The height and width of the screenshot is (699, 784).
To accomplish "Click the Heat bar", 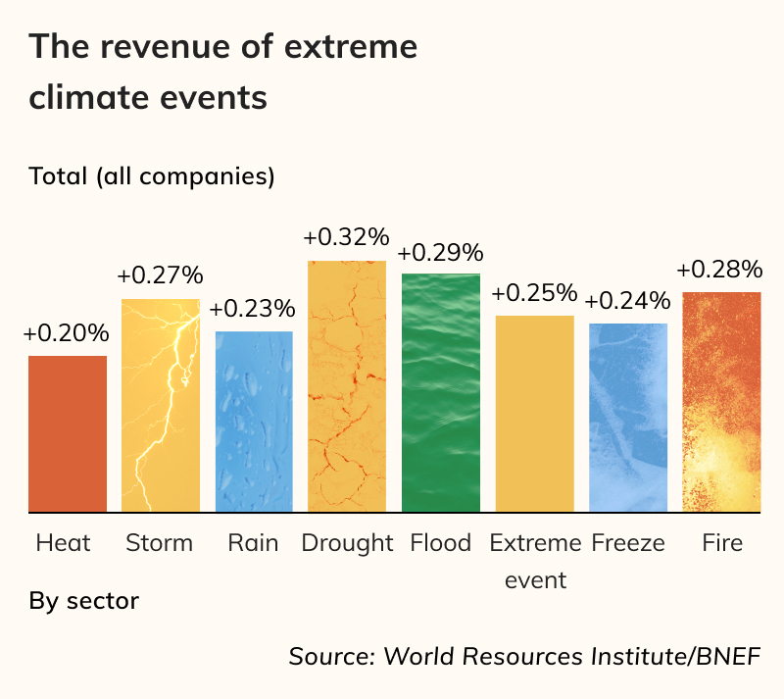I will [x=68, y=433].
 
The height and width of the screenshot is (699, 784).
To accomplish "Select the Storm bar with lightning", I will [x=161, y=405].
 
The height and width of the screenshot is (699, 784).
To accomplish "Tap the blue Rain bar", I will [x=254, y=422].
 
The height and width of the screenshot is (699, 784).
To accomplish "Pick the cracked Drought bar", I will [x=347, y=386].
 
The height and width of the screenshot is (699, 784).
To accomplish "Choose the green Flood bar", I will [x=441, y=392].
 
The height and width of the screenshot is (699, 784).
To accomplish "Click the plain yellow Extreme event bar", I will [x=534, y=413].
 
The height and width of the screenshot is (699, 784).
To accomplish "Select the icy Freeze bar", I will [x=628, y=418].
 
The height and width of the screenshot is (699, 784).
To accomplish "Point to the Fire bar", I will [x=721, y=402].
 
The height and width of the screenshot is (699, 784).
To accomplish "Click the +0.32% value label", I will [x=346, y=237].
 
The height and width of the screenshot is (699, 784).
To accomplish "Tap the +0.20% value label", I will [x=66, y=333].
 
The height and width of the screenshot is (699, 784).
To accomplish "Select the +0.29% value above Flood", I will [x=440, y=252].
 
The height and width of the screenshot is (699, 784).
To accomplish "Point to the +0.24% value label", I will [x=628, y=301].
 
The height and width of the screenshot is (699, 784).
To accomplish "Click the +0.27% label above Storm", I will [x=160, y=275].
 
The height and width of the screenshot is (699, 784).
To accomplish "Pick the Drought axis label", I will [x=347, y=543].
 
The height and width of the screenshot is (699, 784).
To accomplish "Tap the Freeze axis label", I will [x=628, y=543].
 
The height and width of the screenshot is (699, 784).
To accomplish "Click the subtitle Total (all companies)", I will [x=152, y=177].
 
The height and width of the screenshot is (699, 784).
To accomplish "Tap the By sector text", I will [x=84, y=600].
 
